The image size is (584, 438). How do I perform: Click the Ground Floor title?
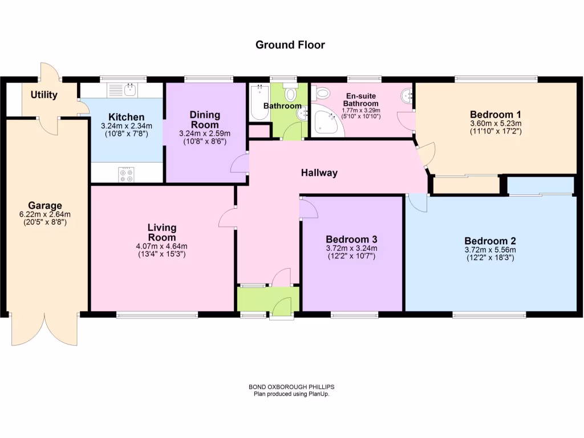pyautogui.click(x=290, y=44)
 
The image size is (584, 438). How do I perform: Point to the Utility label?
pyautogui.click(x=44, y=95)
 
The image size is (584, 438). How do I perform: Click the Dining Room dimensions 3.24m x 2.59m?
pyautogui.click(x=205, y=134)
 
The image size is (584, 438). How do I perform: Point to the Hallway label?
pyautogui.click(x=319, y=173)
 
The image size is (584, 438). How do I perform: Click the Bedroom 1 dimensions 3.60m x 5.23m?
pyautogui.click(x=496, y=123)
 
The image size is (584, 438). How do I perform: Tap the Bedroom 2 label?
pyautogui.click(x=490, y=241)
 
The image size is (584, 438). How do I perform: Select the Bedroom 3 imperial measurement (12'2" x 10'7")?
pyautogui.click(x=351, y=257)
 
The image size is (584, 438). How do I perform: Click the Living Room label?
pyautogui.click(x=162, y=233)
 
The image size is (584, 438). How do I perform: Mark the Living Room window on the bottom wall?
pyautogui.click(x=157, y=314)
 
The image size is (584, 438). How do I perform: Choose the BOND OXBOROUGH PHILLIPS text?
pyautogui.click(x=291, y=387)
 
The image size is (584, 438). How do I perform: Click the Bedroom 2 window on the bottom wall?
pyautogui.click(x=489, y=314)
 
